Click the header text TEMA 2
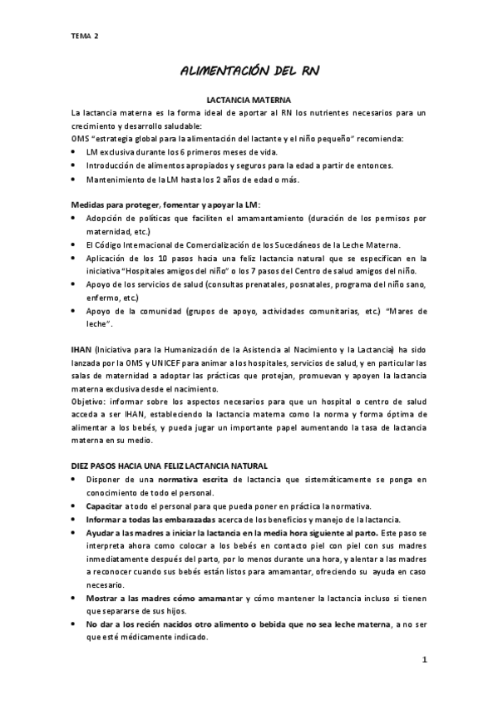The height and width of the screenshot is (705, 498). [x=84, y=36]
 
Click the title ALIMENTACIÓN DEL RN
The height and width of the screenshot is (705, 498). [x=249, y=73]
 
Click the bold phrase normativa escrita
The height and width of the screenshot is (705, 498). [x=192, y=480]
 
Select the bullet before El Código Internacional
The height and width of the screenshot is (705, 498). [x=75, y=244]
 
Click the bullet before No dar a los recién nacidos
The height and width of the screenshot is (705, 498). [x=75, y=624]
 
